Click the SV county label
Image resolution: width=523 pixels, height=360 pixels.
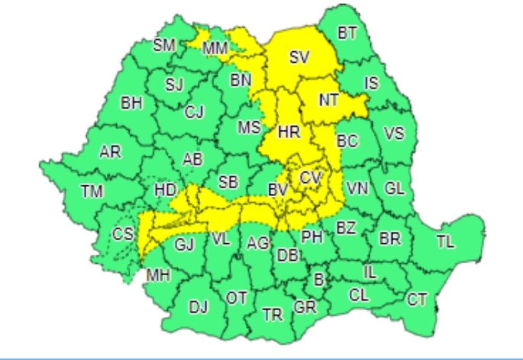[x=299, y=57]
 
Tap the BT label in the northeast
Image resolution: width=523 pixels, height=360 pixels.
[x=347, y=33]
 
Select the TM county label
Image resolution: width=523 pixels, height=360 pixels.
[x=92, y=192]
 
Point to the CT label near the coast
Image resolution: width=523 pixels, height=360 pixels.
[x=416, y=300]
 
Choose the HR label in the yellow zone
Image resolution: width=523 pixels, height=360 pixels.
[x=289, y=132]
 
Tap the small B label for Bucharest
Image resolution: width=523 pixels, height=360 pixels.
[x=318, y=279]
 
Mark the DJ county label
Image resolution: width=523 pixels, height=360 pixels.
[x=198, y=307]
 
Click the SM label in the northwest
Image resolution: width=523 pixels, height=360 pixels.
[x=164, y=45]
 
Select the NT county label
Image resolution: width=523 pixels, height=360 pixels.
[x=328, y=99]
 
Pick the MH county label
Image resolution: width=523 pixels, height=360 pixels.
[x=158, y=275]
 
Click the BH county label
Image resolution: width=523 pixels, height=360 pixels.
[x=131, y=103]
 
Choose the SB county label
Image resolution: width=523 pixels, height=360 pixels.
[x=228, y=182]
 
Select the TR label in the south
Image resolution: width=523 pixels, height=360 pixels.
[x=272, y=314]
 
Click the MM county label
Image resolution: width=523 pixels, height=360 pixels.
[x=215, y=49]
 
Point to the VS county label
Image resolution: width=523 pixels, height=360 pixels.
[x=394, y=133]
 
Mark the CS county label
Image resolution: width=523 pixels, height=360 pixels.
[x=123, y=233]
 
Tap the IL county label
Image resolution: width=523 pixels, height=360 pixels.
[x=369, y=272]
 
